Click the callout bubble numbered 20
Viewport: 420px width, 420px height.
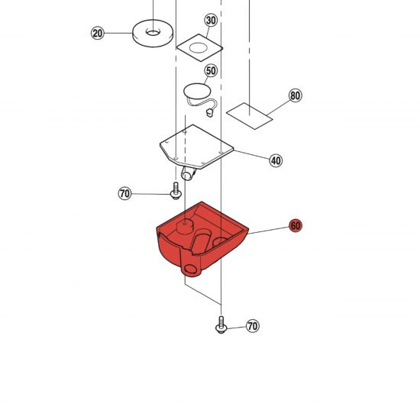click(98, 33)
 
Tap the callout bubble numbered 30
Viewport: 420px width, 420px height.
click(211, 20)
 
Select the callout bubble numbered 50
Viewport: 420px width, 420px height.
click(211, 70)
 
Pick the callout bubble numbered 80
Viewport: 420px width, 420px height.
click(296, 95)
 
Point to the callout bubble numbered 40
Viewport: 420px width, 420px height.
click(276, 160)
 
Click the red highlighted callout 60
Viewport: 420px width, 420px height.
click(296, 226)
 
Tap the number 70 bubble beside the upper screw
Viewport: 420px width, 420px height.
click(124, 193)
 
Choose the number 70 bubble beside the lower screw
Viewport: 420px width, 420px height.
click(253, 326)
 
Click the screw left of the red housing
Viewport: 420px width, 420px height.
click(176, 191)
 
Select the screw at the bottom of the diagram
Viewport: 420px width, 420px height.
click(221, 325)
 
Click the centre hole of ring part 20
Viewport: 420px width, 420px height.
click(153, 32)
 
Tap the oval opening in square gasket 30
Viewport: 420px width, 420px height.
click(199, 48)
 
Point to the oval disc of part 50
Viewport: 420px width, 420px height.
click(197, 91)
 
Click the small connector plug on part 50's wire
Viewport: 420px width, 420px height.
click(209, 112)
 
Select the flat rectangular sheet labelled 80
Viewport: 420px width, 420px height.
click(250, 116)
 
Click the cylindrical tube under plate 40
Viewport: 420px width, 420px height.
click(189, 173)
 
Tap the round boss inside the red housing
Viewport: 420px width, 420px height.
click(185, 225)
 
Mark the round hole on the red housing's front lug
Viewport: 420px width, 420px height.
click(191, 269)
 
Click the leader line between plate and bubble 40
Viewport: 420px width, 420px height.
click(251, 155)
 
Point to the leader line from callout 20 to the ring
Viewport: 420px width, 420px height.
click(118, 33)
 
